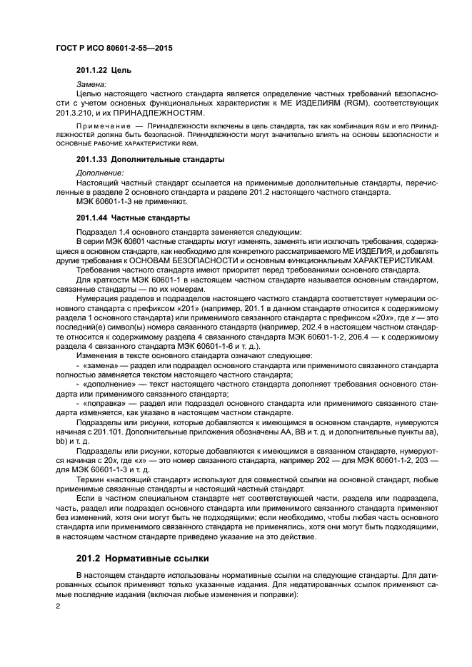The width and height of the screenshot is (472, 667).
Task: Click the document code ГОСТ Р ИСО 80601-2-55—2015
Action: pos(115,47)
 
